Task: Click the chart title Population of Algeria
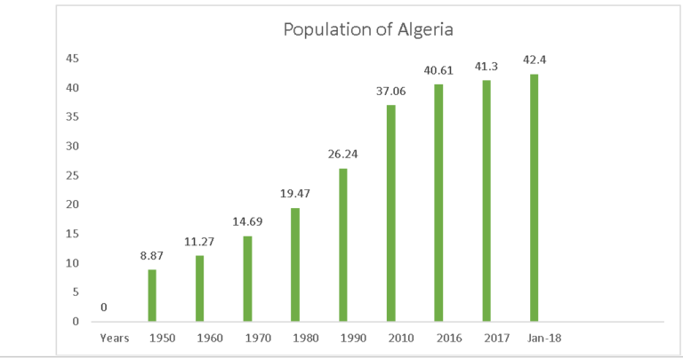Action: point(368,28)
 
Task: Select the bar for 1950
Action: point(152,295)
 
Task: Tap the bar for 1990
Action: point(343,244)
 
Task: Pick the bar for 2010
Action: point(391,212)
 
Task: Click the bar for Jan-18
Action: point(534,197)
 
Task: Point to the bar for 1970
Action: point(248,278)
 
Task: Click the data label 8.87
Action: point(153,256)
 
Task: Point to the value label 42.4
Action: point(534,60)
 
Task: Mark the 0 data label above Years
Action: point(104,308)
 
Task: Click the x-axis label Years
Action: point(114,338)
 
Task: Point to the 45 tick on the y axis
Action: point(73,59)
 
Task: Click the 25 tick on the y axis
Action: point(73,175)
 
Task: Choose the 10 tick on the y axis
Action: point(73,263)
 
